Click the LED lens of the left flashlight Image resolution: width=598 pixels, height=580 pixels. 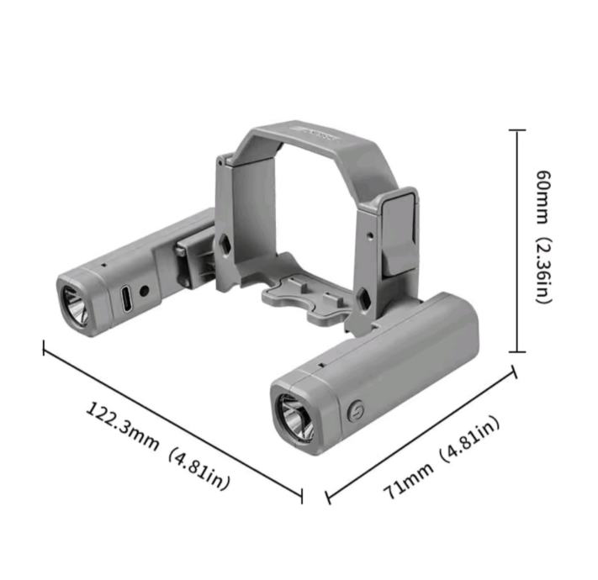74,306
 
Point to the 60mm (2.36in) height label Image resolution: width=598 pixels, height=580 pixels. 544,237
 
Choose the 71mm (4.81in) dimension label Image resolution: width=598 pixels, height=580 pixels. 442,456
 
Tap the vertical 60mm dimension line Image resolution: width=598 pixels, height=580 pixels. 516,241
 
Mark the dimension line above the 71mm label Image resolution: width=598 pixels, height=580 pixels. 421,435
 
